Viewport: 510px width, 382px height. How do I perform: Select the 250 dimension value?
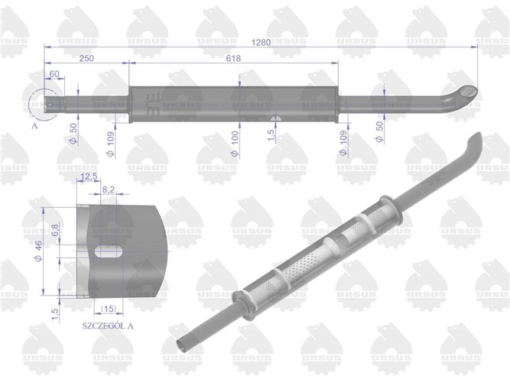86,59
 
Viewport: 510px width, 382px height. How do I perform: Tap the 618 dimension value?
234,59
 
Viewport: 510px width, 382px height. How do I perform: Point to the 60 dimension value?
54,74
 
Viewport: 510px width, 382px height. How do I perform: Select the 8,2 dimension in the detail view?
108,187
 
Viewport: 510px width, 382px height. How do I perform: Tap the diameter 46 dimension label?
38,250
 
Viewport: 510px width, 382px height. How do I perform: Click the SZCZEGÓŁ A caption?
107,325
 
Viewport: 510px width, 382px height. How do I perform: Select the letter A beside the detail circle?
35,128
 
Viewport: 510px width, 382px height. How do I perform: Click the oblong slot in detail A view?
112,251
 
